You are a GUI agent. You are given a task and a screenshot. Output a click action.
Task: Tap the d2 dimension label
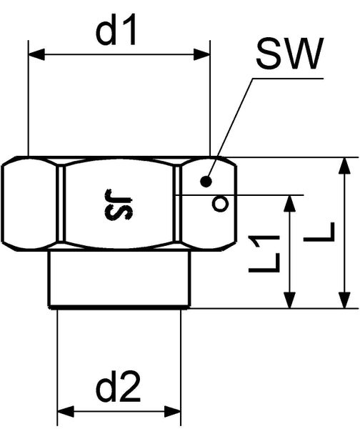[x=119, y=389]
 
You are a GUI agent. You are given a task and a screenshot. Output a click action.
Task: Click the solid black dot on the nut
[x=206, y=181]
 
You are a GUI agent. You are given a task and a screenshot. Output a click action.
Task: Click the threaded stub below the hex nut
[x=119, y=279]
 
